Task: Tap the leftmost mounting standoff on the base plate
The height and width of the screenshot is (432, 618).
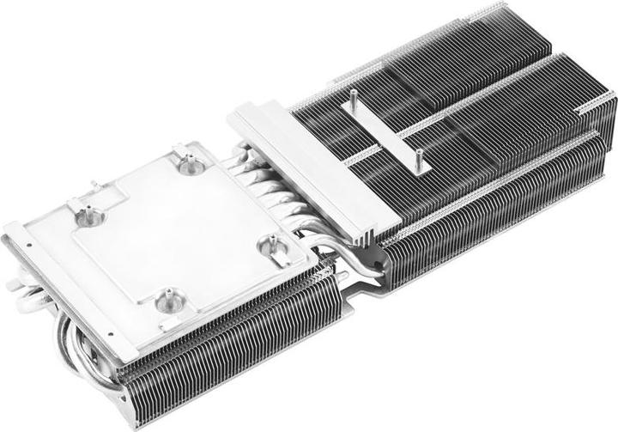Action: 88,215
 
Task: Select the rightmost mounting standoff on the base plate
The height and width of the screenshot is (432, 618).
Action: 274,244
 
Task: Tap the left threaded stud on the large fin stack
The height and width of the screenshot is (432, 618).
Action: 353,100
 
